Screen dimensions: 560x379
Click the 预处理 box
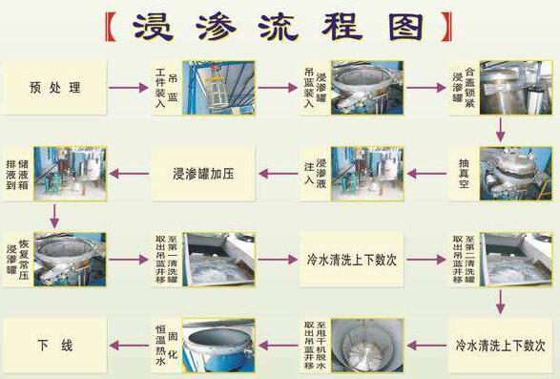tap(55, 88)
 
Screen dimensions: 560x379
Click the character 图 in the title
tap(404, 26)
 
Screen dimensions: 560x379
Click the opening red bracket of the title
tap(113, 26)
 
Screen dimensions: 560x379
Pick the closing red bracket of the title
tap(446, 26)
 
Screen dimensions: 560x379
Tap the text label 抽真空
tap(465, 173)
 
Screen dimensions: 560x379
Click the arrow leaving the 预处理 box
tap(128, 88)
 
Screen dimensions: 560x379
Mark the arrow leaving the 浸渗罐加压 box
tap(128, 174)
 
